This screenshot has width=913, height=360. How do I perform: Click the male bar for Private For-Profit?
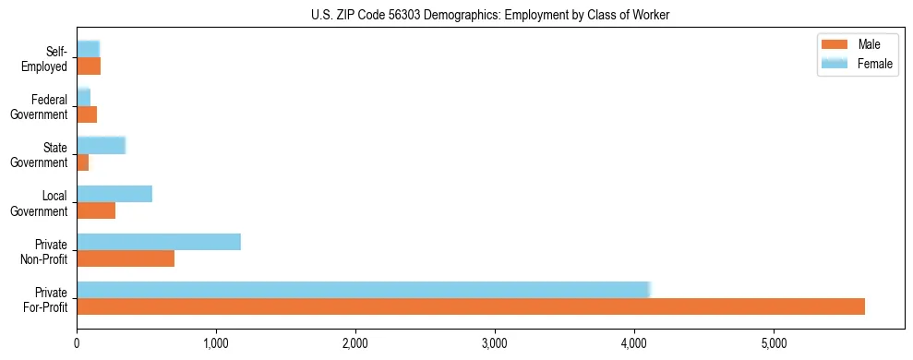471,306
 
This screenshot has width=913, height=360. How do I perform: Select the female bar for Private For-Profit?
364,290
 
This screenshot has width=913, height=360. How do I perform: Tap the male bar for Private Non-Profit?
126,258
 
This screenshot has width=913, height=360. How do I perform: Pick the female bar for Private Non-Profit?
159,242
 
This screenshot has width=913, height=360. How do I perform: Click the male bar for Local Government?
96,210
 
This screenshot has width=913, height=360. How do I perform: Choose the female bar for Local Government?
114,194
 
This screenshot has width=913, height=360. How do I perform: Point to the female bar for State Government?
101,145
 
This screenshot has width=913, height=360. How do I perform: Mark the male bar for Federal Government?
87,114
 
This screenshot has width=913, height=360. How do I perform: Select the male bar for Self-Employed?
89,66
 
